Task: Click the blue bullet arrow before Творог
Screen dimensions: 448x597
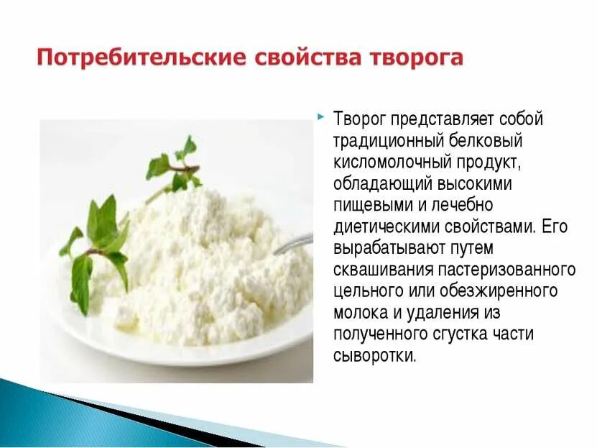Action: (320, 115)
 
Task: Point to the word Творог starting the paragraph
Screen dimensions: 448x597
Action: (360, 119)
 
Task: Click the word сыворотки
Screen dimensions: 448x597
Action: (374, 356)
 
